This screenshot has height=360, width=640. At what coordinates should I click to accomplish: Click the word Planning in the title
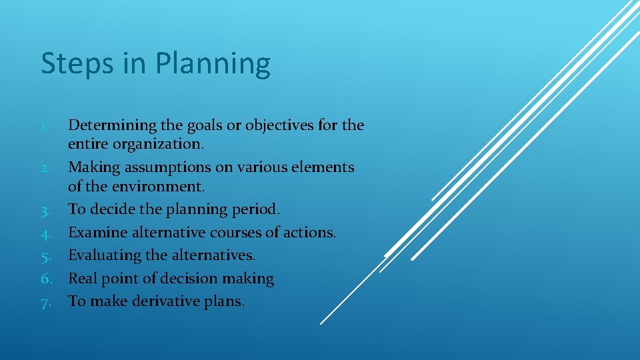(x=213, y=65)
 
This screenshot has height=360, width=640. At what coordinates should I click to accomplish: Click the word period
(x=255, y=209)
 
